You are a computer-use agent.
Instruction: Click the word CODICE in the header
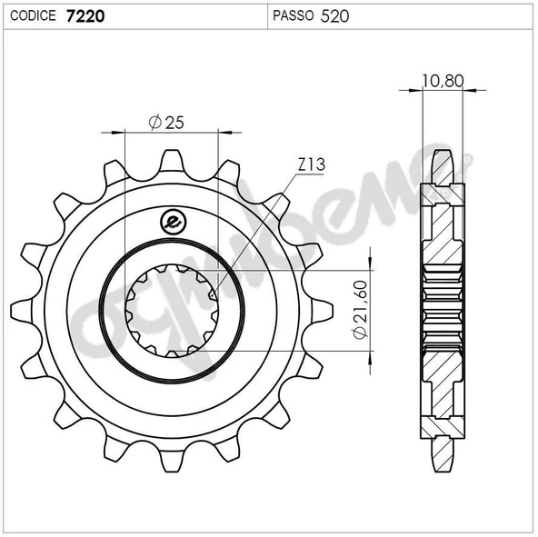(33, 15)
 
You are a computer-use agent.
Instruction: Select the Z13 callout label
(311, 164)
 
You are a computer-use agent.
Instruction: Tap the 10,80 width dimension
(443, 81)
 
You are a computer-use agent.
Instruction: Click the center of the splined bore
(172, 309)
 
